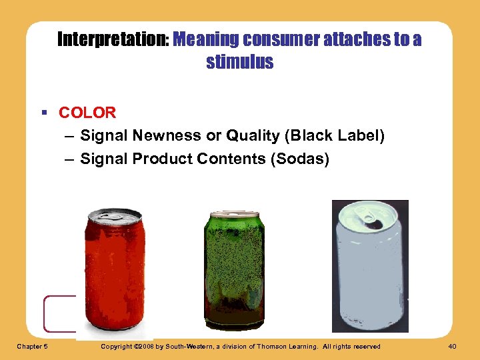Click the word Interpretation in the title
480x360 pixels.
[112, 40]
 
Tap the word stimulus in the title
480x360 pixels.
[240, 63]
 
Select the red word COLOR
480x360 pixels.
[87, 113]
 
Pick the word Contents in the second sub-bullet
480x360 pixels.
[225, 159]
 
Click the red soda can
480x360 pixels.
[114, 273]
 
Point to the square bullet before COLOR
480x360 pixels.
[43, 113]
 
